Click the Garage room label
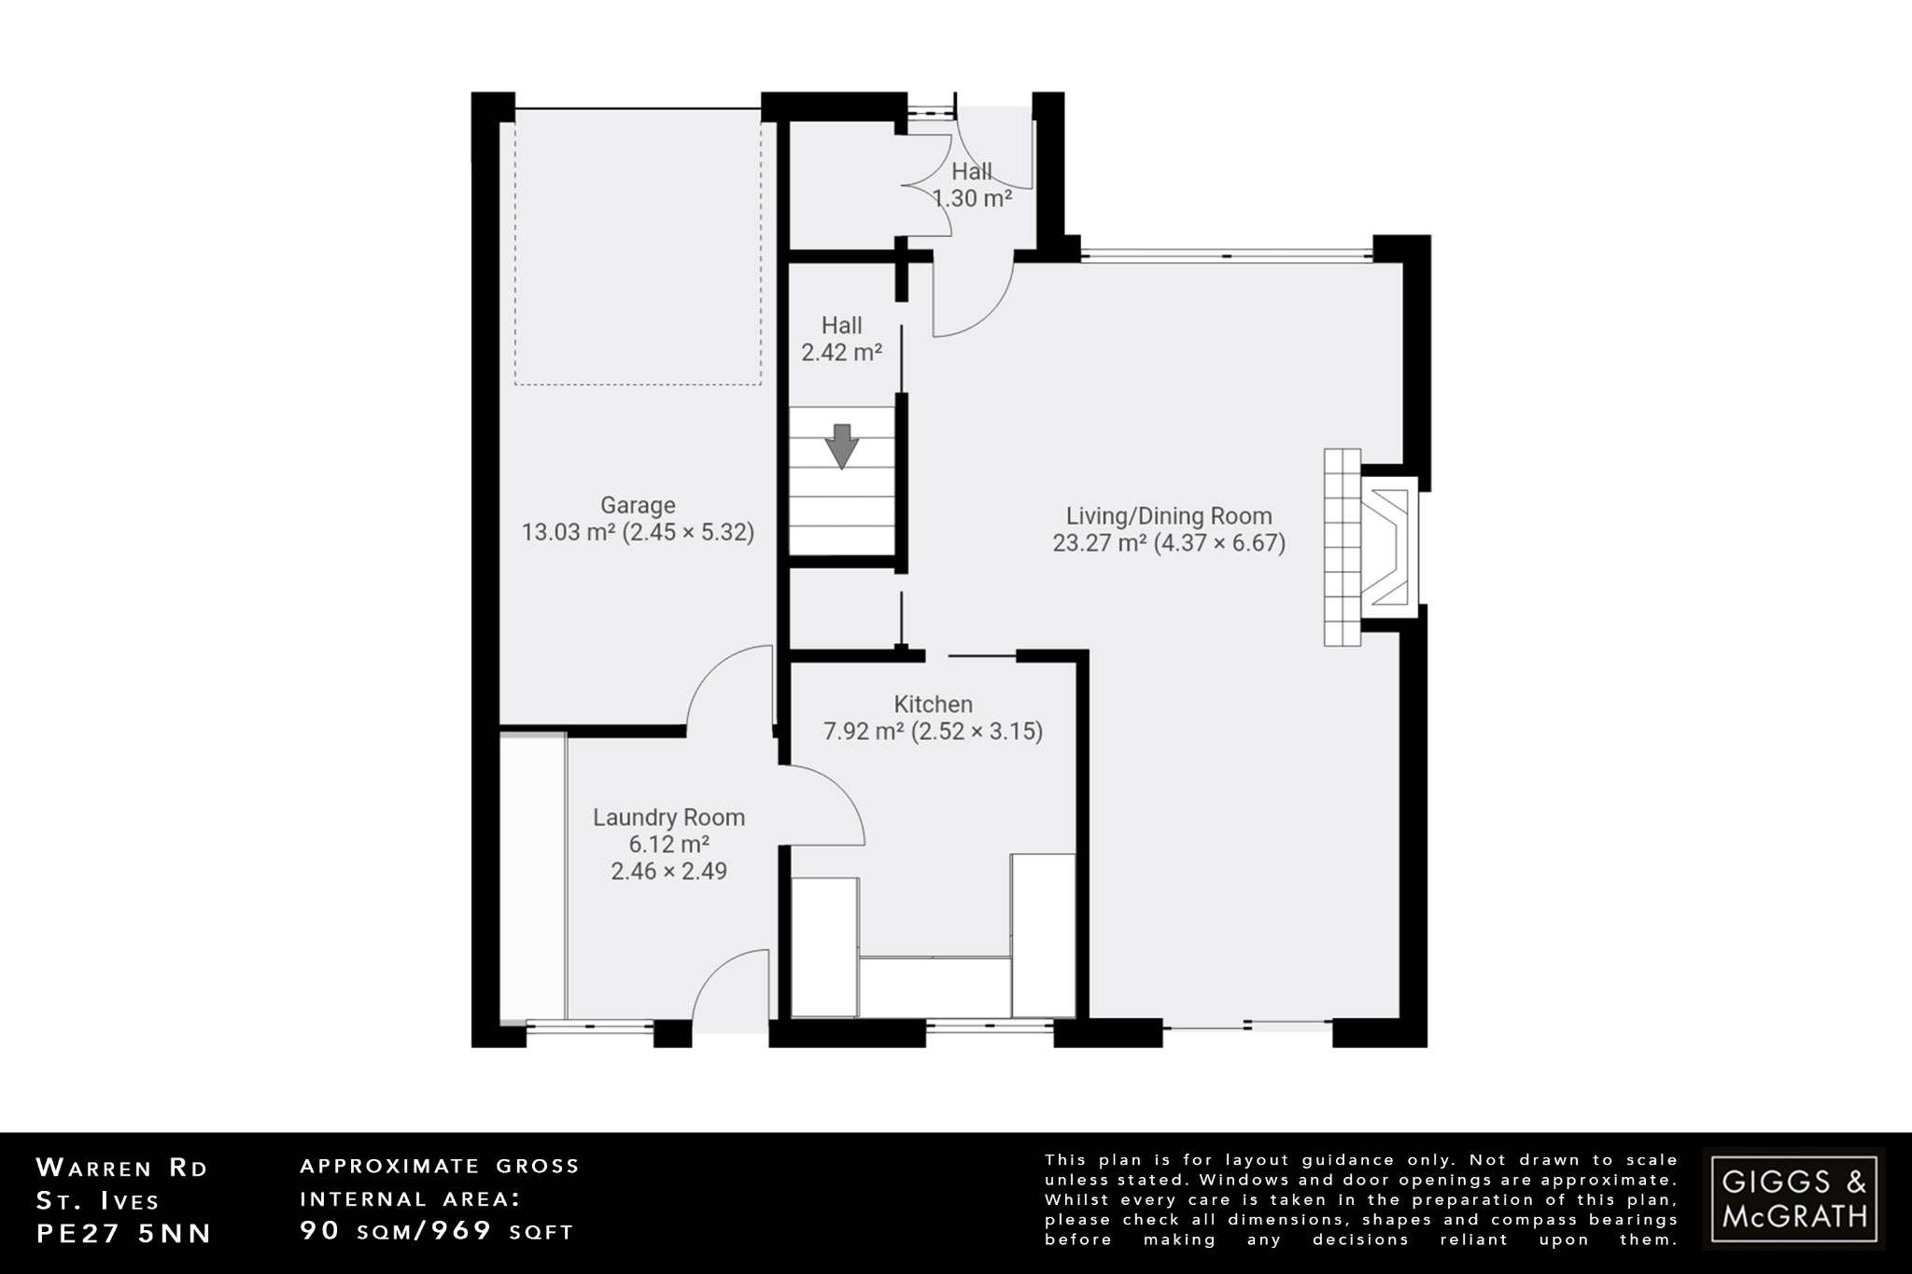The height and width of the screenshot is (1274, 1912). pyautogui.click(x=638, y=505)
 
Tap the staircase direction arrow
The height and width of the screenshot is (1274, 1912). pyautogui.click(x=842, y=446)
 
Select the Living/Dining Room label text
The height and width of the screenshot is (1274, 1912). pyautogui.click(x=1169, y=516)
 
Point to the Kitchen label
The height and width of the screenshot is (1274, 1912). pyautogui.click(x=933, y=705)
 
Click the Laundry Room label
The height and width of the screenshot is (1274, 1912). pyautogui.click(x=668, y=818)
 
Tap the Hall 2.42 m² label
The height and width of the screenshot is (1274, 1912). pyautogui.click(x=841, y=339)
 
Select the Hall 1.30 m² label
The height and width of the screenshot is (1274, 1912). pyautogui.click(x=972, y=185)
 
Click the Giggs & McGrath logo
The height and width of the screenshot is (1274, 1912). pyautogui.click(x=1792, y=1198)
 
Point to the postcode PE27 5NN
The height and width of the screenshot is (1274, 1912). pyautogui.click(x=124, y=1233)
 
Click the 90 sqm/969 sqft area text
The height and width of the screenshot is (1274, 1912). pyautogui.click(x=436, y=1231)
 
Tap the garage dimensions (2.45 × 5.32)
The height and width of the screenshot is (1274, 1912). pyautogui.click(x=690, y=533)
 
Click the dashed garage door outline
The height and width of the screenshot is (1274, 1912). pyautogui.click(x=638, y=247)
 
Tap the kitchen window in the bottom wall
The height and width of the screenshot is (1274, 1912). pyautogui.click(x=990, y=1028)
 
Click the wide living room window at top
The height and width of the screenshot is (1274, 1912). pyautogui.click(x=1226, y=253)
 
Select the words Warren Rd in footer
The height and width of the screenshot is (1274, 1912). pyautogui.click(x=121, y=1168)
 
